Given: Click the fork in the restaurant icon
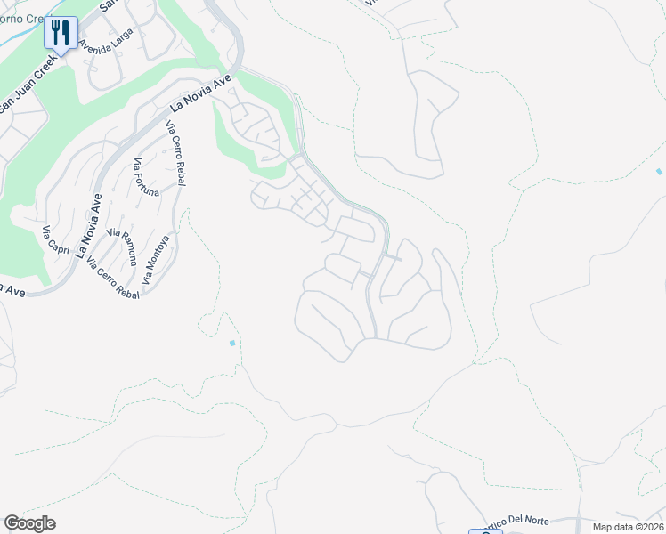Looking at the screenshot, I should click(55, 33).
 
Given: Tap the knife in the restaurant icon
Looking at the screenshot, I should click(66, 33).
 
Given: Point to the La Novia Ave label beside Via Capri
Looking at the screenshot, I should click(90, 225).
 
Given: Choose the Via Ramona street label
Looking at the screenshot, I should click(122, 246).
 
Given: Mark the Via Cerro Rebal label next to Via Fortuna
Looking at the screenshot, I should click(176, 151).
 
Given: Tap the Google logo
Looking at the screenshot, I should click(29, 523).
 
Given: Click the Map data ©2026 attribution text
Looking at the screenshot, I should click(627, 527).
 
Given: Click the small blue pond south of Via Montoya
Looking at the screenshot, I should click(232, 343).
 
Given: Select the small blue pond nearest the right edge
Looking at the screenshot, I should click(659, 171).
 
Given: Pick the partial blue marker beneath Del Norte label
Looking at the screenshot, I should click(485, 531).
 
